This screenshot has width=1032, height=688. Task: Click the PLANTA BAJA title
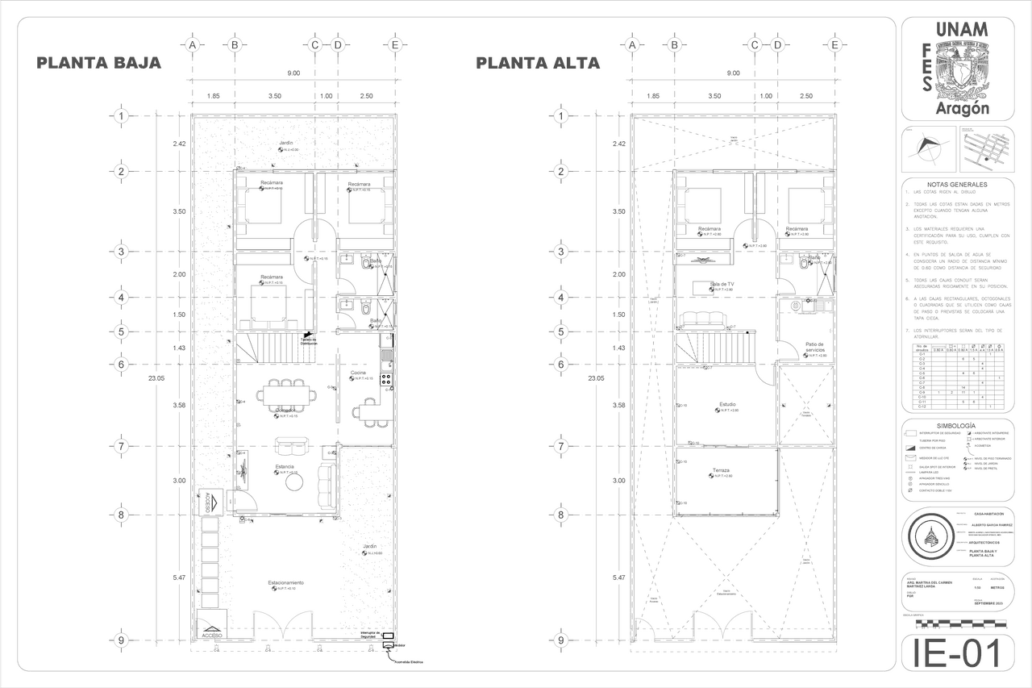tap(99, 63)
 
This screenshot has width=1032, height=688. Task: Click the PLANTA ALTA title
tap(538, 63)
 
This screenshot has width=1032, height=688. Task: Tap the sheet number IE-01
tap(955, 653)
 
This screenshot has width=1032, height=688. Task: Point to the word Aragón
tap(962, 108)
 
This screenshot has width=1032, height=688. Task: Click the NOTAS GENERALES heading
tap(955, 185)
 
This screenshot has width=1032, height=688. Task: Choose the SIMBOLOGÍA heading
tap(955, 425)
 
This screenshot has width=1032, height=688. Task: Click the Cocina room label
tap(359, 373)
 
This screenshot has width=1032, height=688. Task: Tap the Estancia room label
tap(285, 466)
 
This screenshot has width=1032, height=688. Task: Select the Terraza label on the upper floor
tap(720, 470)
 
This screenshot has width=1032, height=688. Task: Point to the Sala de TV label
tap(722, 284)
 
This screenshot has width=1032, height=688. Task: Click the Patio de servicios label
tap(814, 348)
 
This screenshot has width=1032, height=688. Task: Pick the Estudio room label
tap(727, 404)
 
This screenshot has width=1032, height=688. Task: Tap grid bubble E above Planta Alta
tap(834, 45)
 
